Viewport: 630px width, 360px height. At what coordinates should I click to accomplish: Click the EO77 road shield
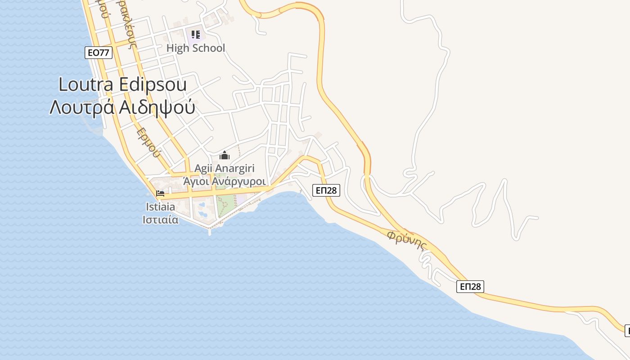98,53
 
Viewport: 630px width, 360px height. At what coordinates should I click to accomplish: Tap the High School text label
195,48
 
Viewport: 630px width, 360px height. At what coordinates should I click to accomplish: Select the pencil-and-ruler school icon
195,34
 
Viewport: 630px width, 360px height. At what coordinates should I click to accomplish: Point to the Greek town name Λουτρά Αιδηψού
122,107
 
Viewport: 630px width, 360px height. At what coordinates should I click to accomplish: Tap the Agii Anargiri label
224,168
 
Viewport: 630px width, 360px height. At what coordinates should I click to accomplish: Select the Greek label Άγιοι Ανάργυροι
224,181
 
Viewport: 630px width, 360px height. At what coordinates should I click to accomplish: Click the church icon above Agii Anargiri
224,156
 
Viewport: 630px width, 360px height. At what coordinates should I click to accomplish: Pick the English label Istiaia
160,207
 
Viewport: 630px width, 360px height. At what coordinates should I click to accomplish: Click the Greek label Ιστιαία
160,220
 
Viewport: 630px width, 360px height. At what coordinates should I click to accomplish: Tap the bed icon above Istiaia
160,194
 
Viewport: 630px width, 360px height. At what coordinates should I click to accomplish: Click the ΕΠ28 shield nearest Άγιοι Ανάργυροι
326,190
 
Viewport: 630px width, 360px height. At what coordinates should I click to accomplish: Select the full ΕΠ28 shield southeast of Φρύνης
470,287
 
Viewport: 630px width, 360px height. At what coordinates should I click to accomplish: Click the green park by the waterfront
225,205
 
